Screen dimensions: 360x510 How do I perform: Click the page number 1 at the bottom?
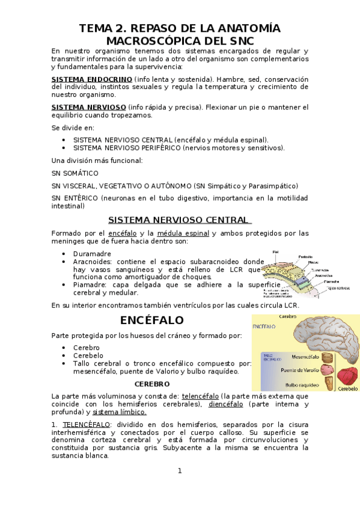179,470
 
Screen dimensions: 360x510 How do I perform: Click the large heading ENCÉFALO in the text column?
151,320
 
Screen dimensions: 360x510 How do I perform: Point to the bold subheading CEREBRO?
152,384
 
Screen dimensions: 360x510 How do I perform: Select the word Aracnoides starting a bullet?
93,262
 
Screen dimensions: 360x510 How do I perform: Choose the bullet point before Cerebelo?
64,356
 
